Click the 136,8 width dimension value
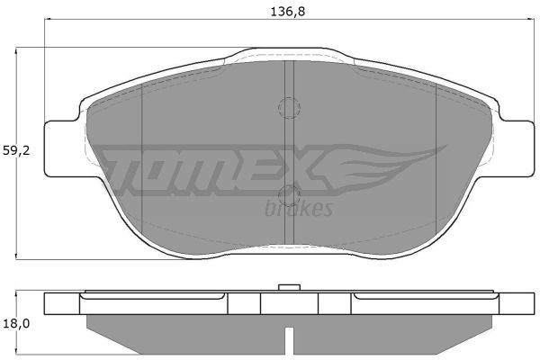[288, 12]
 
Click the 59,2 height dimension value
[16, 150]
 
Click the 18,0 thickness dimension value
[16, 323]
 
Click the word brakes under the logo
[299, 209]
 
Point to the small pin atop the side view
[289, 288]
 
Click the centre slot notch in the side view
[289, 340]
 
